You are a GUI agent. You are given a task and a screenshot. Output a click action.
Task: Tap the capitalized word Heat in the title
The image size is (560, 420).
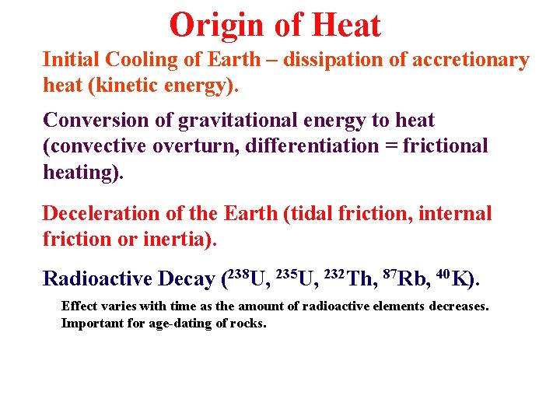(345, 25)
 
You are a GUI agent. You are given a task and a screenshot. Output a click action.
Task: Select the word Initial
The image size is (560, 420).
(71, 60)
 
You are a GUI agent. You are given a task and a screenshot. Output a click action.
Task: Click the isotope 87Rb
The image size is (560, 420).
(406, 278)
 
